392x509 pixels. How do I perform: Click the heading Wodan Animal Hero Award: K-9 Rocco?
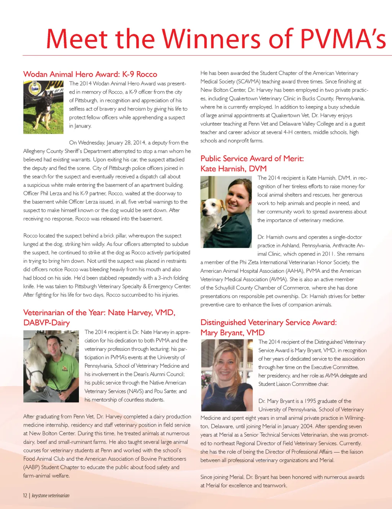pos(90,74)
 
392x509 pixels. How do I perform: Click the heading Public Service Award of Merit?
pos(252,159)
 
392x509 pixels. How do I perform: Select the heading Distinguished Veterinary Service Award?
pos(268,322)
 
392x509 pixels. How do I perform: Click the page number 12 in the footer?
pos(25,496)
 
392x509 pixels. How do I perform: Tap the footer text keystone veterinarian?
pos(51,496)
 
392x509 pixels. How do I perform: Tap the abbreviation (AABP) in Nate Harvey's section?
pos(31,467)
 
